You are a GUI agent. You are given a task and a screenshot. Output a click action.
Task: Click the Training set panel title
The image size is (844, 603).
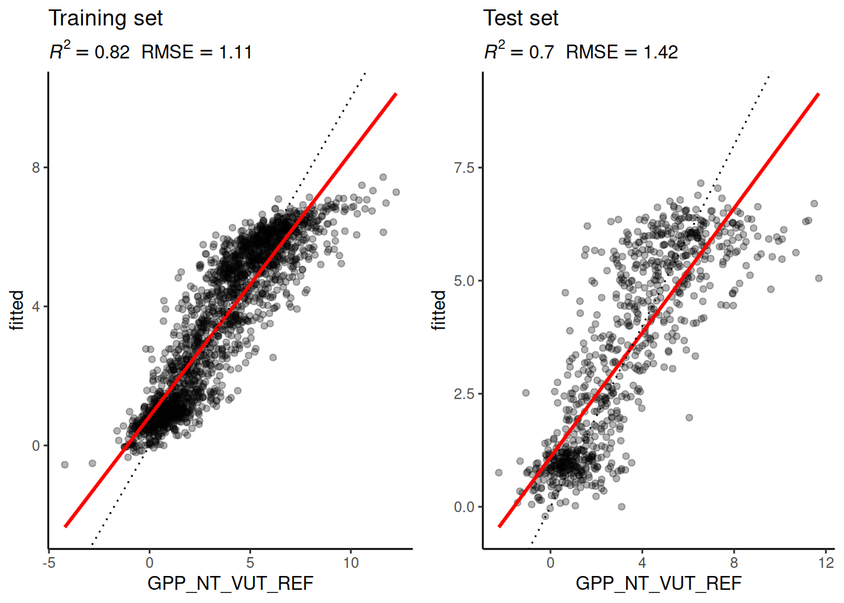(105, 18)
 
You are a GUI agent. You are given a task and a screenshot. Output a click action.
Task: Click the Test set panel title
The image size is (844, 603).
(521, 18)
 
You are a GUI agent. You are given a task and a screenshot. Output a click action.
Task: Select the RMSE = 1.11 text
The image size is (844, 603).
(197, 52)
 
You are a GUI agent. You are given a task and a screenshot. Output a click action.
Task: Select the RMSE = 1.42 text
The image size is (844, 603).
(622, 52)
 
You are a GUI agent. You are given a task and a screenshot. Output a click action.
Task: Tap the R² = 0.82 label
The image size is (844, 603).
(90, 52)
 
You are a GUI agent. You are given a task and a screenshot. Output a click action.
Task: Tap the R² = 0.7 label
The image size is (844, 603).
(519, 52)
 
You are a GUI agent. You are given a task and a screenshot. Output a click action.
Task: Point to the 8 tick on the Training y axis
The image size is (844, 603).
(36, 168)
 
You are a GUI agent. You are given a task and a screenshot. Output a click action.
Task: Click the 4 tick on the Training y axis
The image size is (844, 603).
(36, 307)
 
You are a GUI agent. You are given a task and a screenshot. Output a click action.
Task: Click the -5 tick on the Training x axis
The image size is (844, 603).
(49, 563)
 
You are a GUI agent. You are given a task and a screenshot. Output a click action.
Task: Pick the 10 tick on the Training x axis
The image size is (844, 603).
(350, 563)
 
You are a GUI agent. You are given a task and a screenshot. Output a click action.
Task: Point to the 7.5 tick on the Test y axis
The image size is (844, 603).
(464, 168)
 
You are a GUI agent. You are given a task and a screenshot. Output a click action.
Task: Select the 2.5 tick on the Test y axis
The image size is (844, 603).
(464, 394)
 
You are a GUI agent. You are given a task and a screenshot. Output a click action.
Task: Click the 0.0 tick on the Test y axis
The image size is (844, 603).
(464, 507)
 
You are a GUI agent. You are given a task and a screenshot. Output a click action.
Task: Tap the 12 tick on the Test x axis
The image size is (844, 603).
(826, 563)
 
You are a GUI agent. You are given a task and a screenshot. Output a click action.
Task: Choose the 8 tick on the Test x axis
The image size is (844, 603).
(734, 563)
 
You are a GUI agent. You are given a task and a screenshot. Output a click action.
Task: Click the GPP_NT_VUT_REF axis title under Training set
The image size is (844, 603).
(230, 584)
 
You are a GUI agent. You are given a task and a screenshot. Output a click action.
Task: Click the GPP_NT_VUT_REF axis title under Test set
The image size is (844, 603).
(658, 584)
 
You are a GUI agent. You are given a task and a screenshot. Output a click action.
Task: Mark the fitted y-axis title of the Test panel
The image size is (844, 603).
(439, 310)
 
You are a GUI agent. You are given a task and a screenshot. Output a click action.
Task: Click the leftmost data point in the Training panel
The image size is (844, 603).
(65, 465)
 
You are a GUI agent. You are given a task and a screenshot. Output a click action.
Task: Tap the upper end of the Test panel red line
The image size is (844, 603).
(818, 94)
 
